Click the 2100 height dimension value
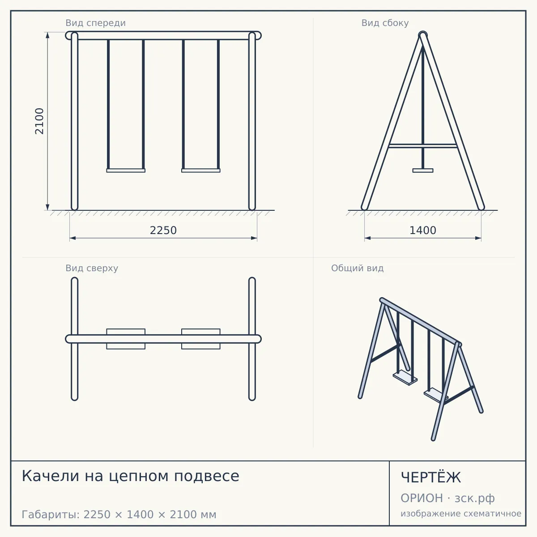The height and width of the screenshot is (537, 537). click(39, 121)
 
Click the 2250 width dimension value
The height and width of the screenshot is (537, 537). click(163, 230)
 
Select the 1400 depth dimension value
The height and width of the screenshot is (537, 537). click(423, 230)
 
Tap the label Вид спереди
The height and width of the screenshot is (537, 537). click(96, 23)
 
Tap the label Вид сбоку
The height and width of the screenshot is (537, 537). click(385, 23)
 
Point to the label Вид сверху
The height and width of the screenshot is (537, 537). click(92, 268)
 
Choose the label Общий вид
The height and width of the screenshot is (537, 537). click(357, 268)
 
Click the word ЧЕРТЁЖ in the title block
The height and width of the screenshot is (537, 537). click(431, 477)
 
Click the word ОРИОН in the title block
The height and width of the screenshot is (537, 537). click(422, 498)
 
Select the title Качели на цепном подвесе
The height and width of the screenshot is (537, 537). click(130, 476)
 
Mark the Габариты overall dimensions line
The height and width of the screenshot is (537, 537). click(119, 515)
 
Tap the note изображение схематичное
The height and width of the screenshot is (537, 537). click(461, 514)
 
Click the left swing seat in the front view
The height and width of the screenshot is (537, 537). click(126, 170)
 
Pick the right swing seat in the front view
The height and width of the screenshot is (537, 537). click(200, 170)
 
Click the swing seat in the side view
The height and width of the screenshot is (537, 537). click(423, 170)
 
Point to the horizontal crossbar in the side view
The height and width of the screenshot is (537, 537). click(423, 146)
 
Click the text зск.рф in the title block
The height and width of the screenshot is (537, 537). click(475, 499)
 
